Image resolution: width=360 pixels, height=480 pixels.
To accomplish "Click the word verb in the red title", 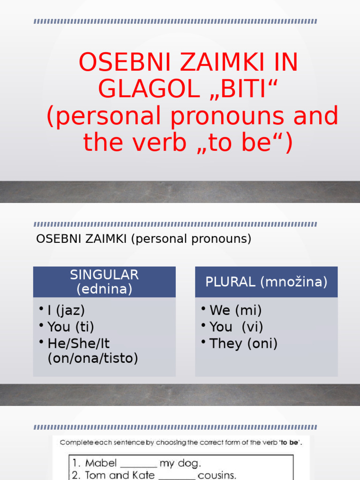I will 157,142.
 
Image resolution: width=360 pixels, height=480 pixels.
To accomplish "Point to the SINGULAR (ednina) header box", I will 105,282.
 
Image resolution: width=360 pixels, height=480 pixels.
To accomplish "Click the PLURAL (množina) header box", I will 266,282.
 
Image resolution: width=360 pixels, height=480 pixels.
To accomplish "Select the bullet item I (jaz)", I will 66,310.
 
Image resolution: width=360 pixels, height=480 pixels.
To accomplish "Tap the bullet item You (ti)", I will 71,327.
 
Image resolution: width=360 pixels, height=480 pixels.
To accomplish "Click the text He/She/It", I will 79,344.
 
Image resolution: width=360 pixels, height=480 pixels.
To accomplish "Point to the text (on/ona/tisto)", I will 93,359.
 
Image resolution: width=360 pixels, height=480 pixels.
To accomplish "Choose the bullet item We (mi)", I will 235,310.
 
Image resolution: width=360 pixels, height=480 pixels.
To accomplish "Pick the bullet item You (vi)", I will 236,327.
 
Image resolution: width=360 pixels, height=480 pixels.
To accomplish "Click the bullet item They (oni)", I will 243,344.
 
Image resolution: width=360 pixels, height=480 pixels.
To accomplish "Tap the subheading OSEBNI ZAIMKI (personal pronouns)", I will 144,239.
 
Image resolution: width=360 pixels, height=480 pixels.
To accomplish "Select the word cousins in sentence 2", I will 217,475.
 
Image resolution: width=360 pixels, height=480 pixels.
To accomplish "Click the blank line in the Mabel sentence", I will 138,465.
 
